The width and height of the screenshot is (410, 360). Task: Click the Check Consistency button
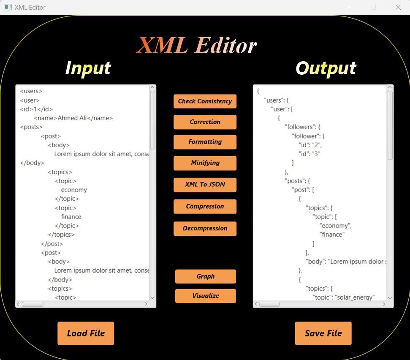[205, 101]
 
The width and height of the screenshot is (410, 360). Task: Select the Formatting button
[205, 142]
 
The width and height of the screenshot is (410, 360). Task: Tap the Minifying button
[205, 163]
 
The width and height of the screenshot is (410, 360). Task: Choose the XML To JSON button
[205, 184]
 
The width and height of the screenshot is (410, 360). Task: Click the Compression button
[205, 206]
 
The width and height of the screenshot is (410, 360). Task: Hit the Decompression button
[205, 228]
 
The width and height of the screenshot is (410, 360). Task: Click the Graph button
[205, 276]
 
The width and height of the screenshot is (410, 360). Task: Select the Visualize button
[205, 296]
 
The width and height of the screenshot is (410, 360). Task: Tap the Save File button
[323, 333]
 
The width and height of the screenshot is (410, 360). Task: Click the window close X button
[398, 7]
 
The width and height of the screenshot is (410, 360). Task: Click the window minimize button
[349, 7]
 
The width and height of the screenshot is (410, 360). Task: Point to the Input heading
[88, 68]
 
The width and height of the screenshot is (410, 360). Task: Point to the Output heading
[326, 68]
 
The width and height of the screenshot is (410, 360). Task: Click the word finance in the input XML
[71, 217]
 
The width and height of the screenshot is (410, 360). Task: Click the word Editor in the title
[226, 46]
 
